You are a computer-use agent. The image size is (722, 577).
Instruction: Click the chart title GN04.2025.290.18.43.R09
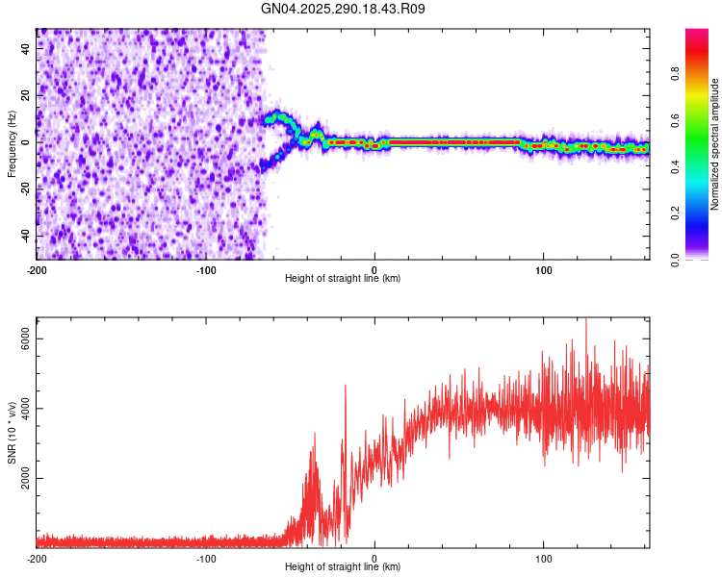[x=344, y=9]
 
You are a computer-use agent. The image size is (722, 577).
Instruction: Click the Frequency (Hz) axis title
[x=12, y=143]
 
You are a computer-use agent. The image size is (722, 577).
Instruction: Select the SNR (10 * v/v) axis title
[x=12, y=432]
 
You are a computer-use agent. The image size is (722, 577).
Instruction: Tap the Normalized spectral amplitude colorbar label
[x=714, y=143]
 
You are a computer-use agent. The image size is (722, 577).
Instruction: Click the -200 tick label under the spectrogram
[x=37, y=268]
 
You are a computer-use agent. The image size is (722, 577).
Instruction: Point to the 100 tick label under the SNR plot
[x=544, y=558]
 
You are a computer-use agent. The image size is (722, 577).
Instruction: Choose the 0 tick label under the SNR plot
[x=374, y=558]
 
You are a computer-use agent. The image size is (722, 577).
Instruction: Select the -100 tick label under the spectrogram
[x=205, y=268]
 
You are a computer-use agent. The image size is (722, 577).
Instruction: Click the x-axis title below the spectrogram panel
[x=343, y=279]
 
